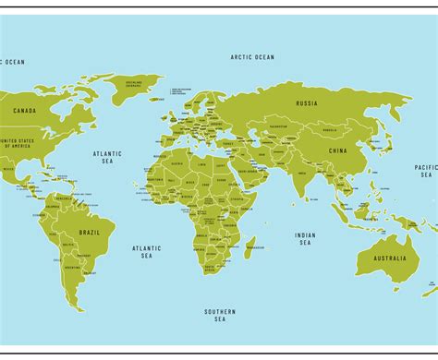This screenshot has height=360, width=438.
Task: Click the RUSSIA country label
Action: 306,103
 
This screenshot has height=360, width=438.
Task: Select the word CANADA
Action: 24,111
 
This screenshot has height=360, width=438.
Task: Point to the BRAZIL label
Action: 90,232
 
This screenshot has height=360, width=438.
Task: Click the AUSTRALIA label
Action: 389,258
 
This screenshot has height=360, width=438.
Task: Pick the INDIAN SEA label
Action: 305,239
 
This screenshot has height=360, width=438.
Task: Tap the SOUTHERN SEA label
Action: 220,315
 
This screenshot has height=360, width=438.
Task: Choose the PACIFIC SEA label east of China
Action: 425,170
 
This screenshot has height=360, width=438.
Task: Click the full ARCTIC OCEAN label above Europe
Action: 252,57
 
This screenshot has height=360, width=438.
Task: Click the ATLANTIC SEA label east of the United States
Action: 107,158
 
